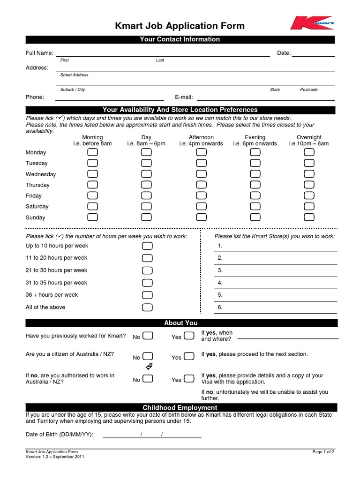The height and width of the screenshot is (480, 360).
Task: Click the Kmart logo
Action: [x=312, y=22]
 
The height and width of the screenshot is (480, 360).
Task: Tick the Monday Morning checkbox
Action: [x=93, y=152]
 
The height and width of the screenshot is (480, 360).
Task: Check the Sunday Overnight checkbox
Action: [x=309, y=217]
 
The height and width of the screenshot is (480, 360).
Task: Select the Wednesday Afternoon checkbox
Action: [x=201, y=174]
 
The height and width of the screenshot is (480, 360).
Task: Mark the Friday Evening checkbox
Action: [x=255, y=195]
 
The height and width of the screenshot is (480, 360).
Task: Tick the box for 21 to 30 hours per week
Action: [x=147, y=270]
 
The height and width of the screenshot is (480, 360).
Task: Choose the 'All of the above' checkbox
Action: [x=147, y=307]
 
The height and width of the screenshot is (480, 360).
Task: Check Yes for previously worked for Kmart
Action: [x=188, y=336]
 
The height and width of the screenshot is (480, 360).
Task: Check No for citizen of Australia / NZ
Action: [x=148, y=356]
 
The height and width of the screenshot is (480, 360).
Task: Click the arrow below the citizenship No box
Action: [x=150, y=366]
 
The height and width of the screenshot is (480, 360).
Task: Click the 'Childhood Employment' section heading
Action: [x=180, y=408]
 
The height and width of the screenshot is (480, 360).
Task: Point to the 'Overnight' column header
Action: [x=309, y=137]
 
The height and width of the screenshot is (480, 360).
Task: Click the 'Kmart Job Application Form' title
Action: [x=180, y=26]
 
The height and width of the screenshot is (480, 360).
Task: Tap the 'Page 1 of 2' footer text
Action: [x=323, y=452]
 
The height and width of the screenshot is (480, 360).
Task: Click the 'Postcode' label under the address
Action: [x=308, y=90]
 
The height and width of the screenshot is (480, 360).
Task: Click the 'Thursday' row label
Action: [x=37, y=185]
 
